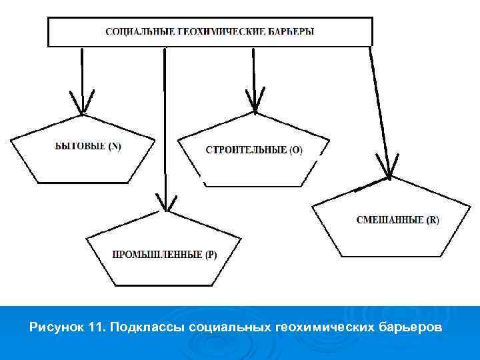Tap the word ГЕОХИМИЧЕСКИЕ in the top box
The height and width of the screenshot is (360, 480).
pyautogui.click(x=212, y=31)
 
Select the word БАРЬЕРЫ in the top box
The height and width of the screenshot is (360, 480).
pyautogui.click(x=290, y=31)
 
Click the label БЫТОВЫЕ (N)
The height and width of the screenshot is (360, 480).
pyautogui.click(x=88, y=147)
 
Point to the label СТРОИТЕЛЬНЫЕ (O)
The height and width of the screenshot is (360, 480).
pyautogui.click(x=253, y=151)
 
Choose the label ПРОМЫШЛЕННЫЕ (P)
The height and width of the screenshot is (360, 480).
pyautogui.click(x=164, y=254)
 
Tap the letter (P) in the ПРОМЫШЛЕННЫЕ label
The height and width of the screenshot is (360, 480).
pyautogui.click(x=211, y=254)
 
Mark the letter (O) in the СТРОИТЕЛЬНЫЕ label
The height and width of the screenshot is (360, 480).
pyautogui.click(x=296, y=151)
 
